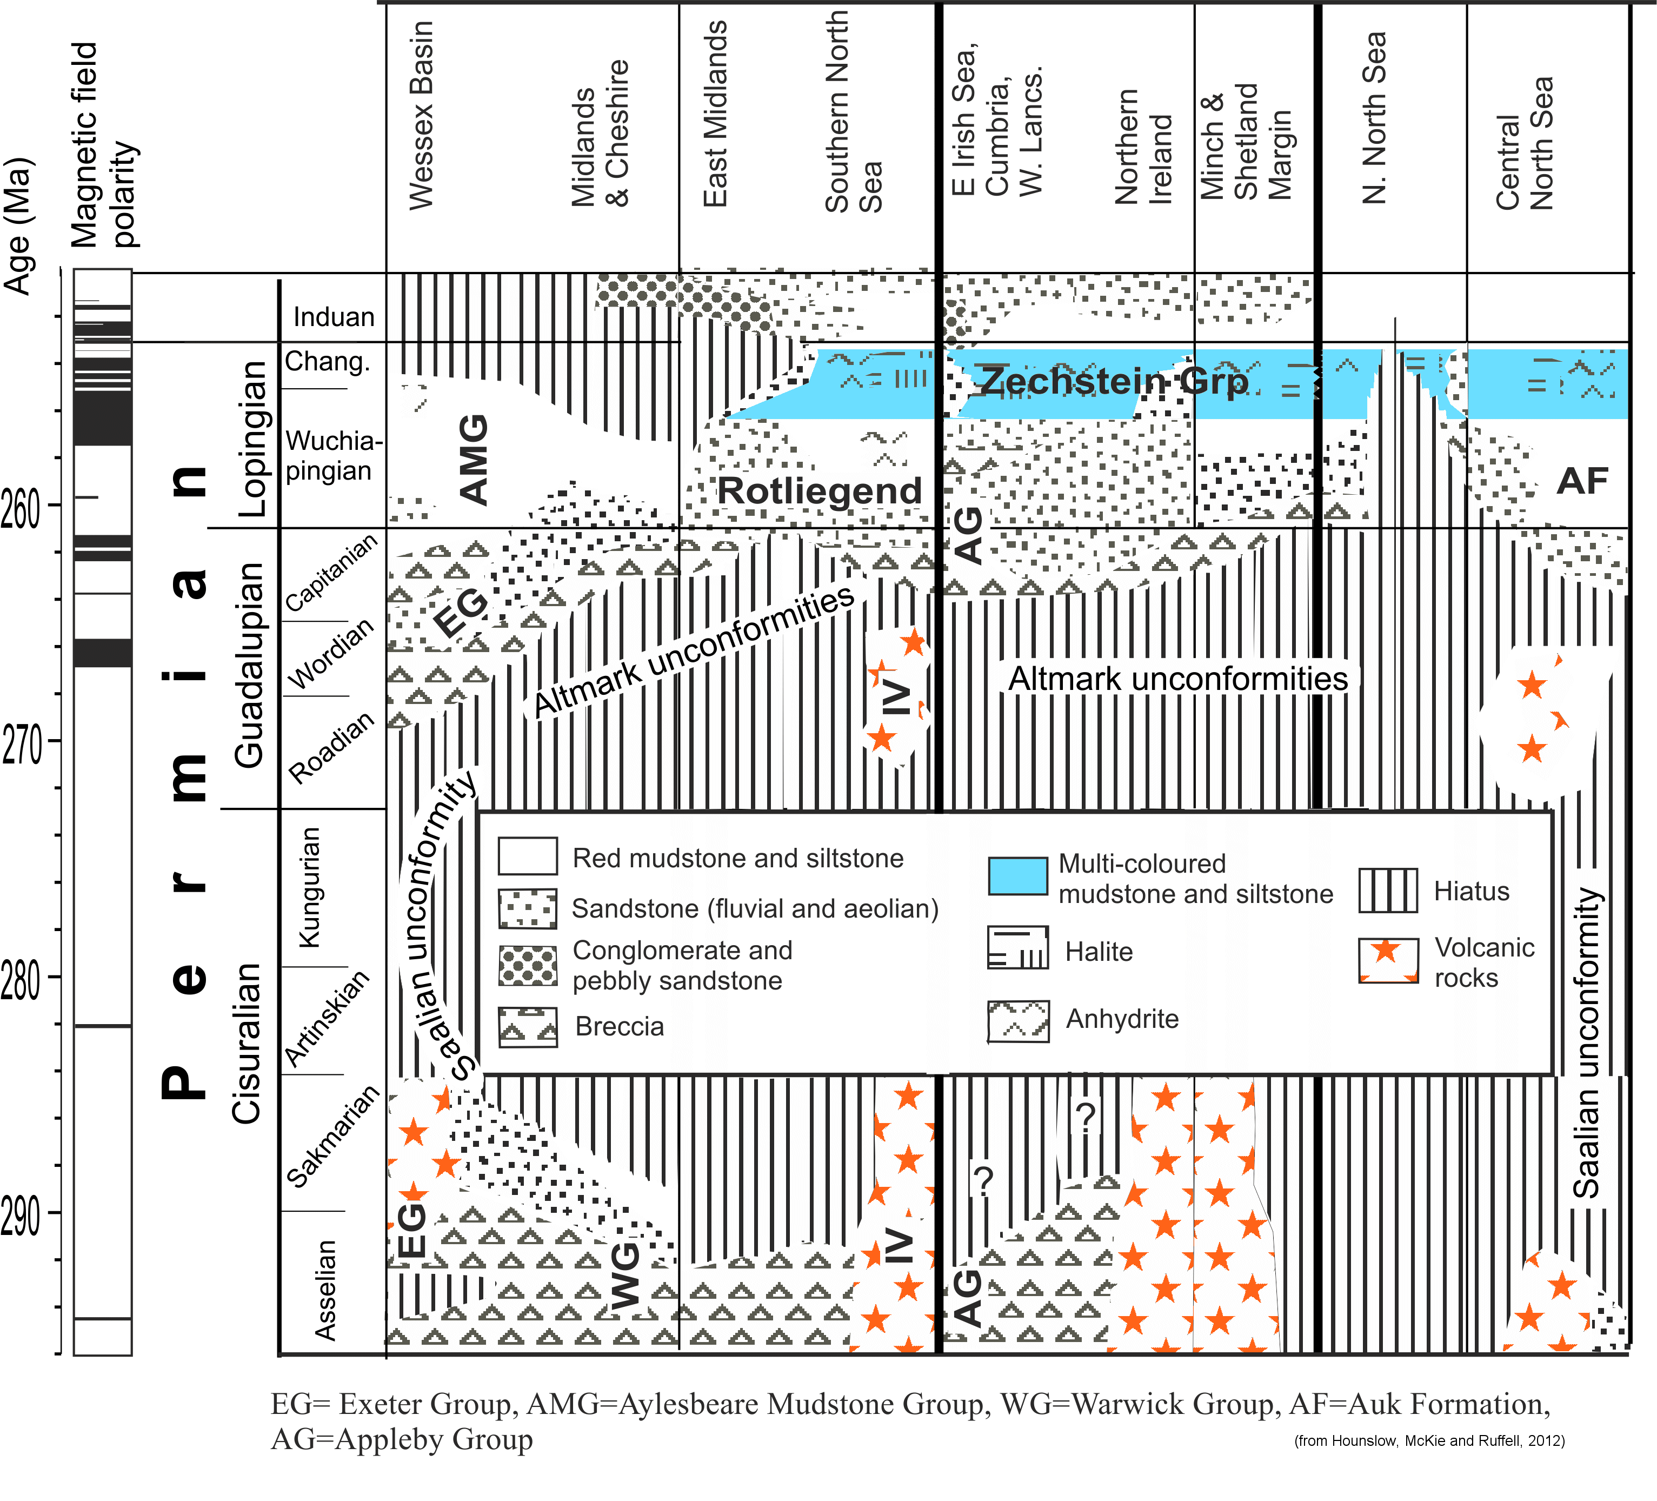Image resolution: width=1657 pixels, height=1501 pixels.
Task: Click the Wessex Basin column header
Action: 421,116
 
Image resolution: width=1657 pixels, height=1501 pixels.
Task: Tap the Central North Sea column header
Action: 1524,144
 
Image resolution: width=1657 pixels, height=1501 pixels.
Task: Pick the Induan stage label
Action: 334,317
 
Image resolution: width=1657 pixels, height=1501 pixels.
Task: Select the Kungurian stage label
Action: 310,888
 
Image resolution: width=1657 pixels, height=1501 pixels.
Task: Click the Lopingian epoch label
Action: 252,439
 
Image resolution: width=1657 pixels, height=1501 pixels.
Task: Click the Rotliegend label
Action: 820,491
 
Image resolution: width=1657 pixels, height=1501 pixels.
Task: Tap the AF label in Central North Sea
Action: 1582,481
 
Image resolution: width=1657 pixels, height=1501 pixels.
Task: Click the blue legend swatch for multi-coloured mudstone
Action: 1017,876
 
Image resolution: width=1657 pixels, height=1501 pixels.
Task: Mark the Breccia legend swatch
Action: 528,1027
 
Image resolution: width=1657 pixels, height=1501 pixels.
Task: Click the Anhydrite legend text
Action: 1122,1019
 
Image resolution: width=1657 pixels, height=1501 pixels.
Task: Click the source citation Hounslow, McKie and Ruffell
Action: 1429,1440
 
